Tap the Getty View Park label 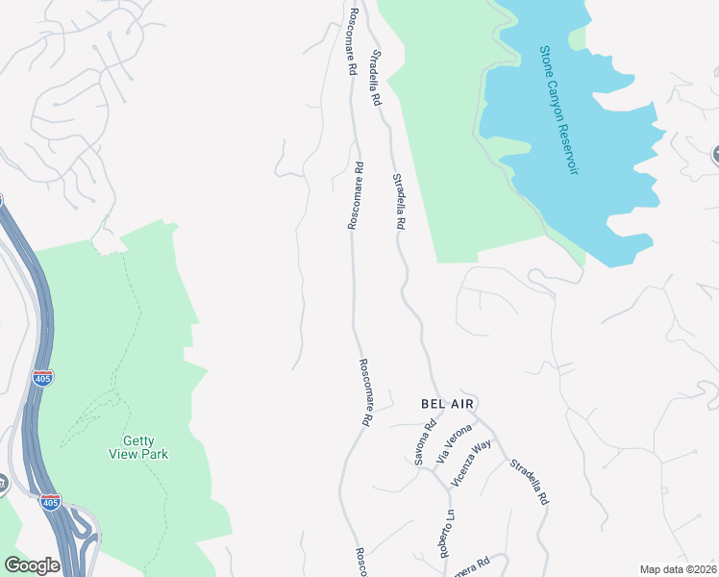[137, 446]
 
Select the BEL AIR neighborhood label [448, 404]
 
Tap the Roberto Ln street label [447, 534]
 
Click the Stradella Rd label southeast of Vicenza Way [529, 482]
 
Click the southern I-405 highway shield [50, 502]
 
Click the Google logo [33, 565]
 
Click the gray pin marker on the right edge [715, 154]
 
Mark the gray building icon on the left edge [3, 484]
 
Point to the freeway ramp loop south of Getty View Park [85, 531]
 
